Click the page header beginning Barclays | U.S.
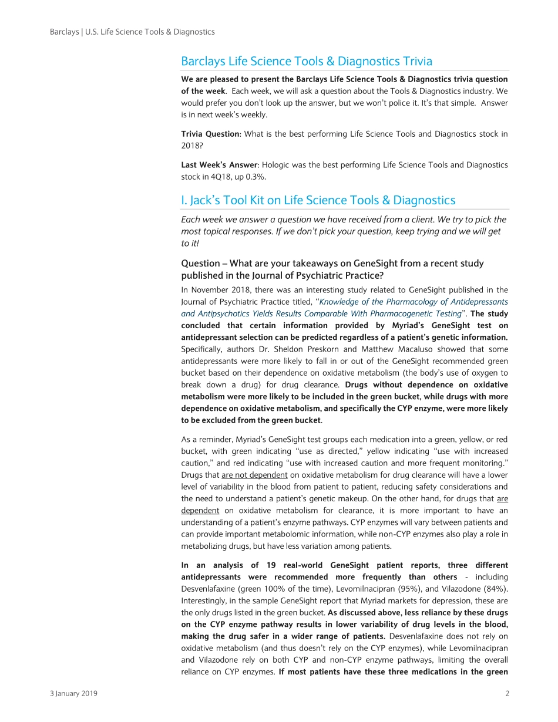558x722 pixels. [x=132, y=32]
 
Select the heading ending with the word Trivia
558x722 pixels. [x=306, y=62]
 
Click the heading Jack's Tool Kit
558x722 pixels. [x=318, y=201]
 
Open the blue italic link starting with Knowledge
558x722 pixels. [x=344, y=308]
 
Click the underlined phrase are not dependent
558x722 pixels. [x=254, y=475]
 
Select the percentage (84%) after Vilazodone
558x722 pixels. [x=496, y=589]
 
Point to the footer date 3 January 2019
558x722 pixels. [x=74, y=693]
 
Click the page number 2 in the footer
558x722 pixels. [x=507, y=693]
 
